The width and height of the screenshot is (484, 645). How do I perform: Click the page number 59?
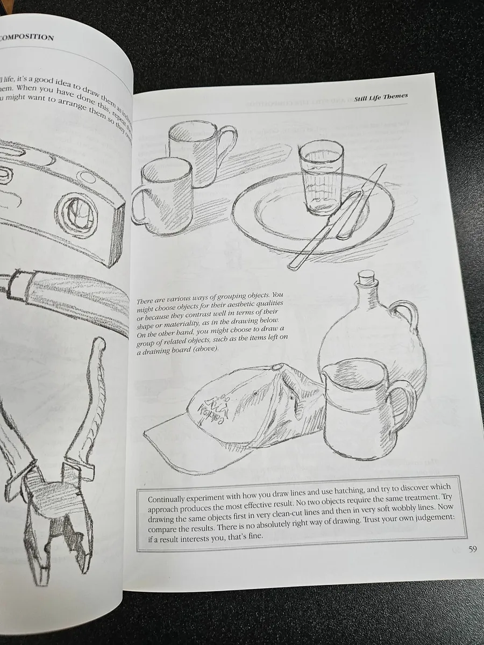(x=472, y=549)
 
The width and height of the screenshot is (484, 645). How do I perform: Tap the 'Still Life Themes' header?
(x=381, y=97)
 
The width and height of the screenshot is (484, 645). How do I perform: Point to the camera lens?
(x=80, y=210)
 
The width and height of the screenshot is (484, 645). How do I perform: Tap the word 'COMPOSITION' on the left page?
(x=27, y=38)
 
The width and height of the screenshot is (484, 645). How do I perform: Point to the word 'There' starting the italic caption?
(x=148, y=302)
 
